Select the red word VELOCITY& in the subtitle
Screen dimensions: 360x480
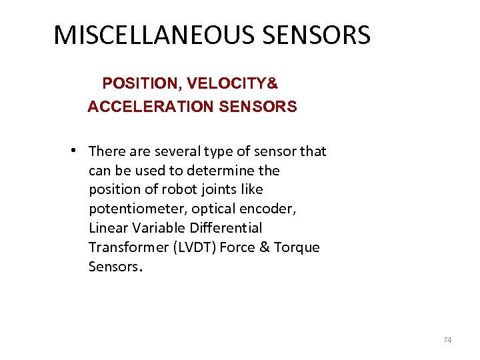[x=233, y=84]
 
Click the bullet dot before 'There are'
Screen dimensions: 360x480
[x=78, y=149]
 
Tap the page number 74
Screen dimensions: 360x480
[x=447, y=340]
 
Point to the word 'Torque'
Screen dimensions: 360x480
[x=297, y=247]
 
